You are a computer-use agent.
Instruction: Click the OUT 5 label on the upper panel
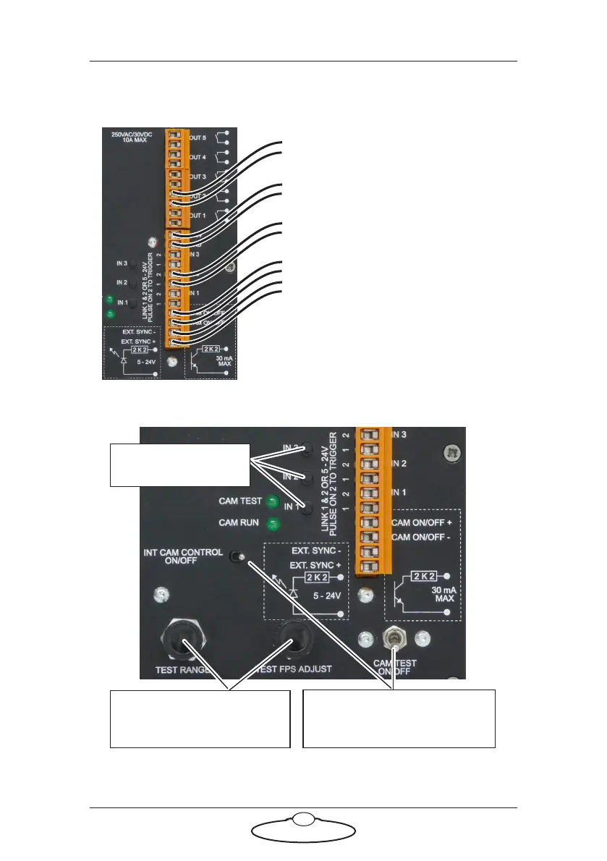[199, 137]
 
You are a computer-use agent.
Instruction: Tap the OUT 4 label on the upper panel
[199, 156]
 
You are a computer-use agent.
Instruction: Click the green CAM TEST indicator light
[271, 501]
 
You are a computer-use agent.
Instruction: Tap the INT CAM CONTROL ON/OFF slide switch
[236, 557]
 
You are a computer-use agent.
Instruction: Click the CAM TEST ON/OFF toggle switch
[396, 637]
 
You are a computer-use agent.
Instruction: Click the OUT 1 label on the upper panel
[199, 215]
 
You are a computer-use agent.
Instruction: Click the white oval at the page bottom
[303, 839]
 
